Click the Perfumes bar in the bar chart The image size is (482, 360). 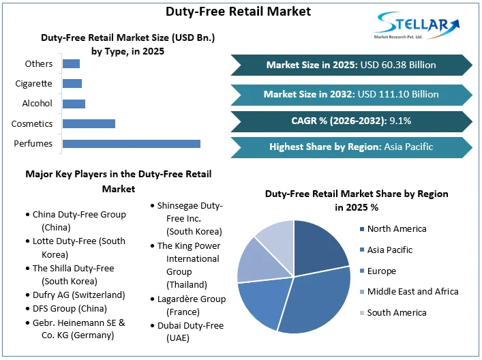(x=131, y=143)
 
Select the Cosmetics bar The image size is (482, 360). (x=89, y=123)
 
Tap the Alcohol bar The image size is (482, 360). (x=74, y=104)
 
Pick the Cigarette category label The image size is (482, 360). (x=33, y=84)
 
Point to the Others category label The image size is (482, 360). (x=38, y=64)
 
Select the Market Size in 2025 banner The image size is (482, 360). (x=351, y=65)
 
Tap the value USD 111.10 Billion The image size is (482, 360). (x=398, y=94)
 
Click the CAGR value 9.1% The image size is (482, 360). (x=400, y=121)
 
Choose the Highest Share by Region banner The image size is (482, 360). (x=351, y=147)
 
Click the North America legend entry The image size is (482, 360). (x=396, y=229)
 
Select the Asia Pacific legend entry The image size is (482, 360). (x=389, y=250)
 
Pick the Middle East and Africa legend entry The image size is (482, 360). (x=412, y=292)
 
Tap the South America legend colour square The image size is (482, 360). (x=361, y=313)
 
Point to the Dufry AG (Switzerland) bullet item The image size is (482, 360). (x=79, y=295)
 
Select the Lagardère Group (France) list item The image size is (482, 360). (x=190, y=305)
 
